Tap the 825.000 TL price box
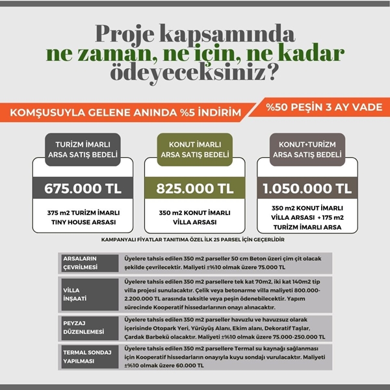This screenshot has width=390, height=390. coord(195,189)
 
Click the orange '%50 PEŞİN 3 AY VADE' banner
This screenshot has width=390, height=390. coord(324,107)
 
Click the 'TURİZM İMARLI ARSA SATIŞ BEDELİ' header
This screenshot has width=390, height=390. coord(83,149)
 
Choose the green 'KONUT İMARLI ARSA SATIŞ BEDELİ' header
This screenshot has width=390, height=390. coord(195,149)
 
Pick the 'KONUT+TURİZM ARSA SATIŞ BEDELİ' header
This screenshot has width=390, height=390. coord(307,149)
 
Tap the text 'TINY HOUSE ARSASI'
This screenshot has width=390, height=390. coord(83,220)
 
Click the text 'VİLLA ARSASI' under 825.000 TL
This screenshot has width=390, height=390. coord(195,220)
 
